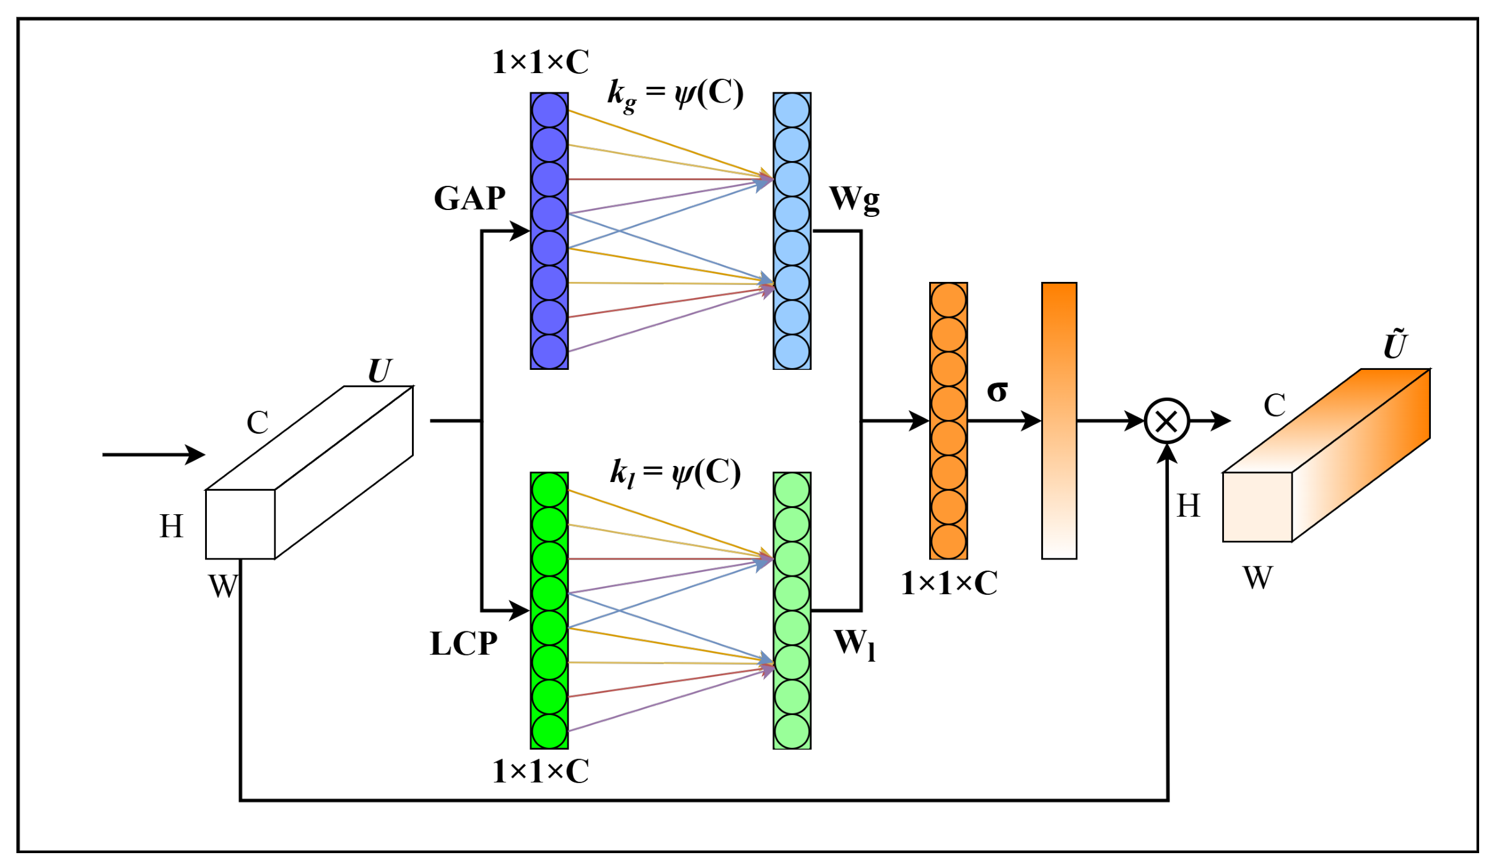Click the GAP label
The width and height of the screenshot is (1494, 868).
470,199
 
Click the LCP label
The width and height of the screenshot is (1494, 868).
464,644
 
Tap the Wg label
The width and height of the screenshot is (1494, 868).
854,200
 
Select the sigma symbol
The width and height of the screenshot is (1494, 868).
997,390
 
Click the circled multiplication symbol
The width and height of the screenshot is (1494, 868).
1167,421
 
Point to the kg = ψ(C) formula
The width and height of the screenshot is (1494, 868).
675,95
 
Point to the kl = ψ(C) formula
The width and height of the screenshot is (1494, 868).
675,474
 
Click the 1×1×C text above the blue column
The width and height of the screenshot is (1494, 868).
541,62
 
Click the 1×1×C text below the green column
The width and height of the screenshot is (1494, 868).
541,772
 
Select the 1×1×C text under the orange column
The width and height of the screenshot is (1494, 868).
949,584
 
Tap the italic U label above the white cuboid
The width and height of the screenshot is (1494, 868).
379,371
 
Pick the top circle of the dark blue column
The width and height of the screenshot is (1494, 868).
549,110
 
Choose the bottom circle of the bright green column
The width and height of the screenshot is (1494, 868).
549,731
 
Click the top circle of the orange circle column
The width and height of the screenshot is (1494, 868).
948,300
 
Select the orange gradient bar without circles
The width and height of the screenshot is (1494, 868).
1059,421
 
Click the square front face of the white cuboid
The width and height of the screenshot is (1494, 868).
240,524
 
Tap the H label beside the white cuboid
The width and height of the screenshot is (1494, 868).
172,527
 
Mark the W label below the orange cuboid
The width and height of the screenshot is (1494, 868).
1258,578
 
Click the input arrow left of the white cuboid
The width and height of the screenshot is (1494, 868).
154,455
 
